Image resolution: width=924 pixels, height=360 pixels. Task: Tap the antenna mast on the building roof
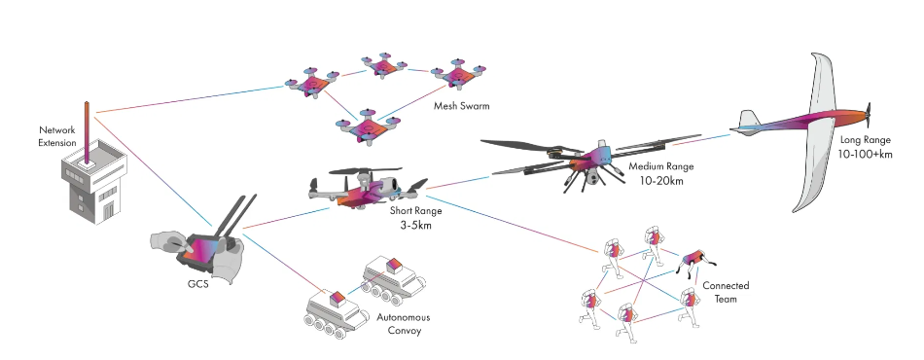click(x=87, y=131)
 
